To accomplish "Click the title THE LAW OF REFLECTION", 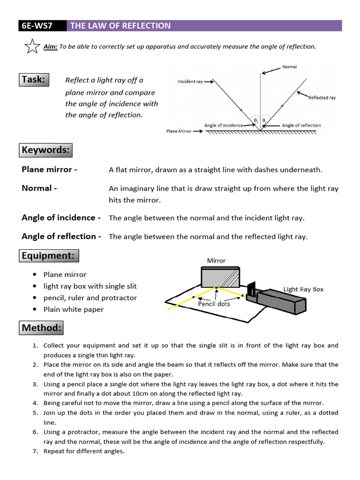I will tap(120, 26).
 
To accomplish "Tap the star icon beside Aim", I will tap(31, 46).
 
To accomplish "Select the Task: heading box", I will tap(33, 80).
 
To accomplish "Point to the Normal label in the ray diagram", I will tap(289, 67).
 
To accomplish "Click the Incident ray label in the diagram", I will tap(190, 82).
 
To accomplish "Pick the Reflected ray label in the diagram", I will tap(322, 98).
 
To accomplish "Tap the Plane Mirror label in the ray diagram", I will tap(179, 131).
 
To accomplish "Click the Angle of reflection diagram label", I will tap(301, 125).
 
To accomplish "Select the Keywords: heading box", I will tap(45, 150).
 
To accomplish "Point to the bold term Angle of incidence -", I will tap(61, 217).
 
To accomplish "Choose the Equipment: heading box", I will tap(49, 256).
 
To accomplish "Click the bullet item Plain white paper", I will tap(74, 309).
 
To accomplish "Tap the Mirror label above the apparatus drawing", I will tap(216, 261).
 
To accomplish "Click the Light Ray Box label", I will tap(303, 289).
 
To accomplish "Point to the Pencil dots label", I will tap(214, 304).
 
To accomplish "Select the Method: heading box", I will tap(41, 328).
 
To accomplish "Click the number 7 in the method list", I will tap(35, 451).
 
